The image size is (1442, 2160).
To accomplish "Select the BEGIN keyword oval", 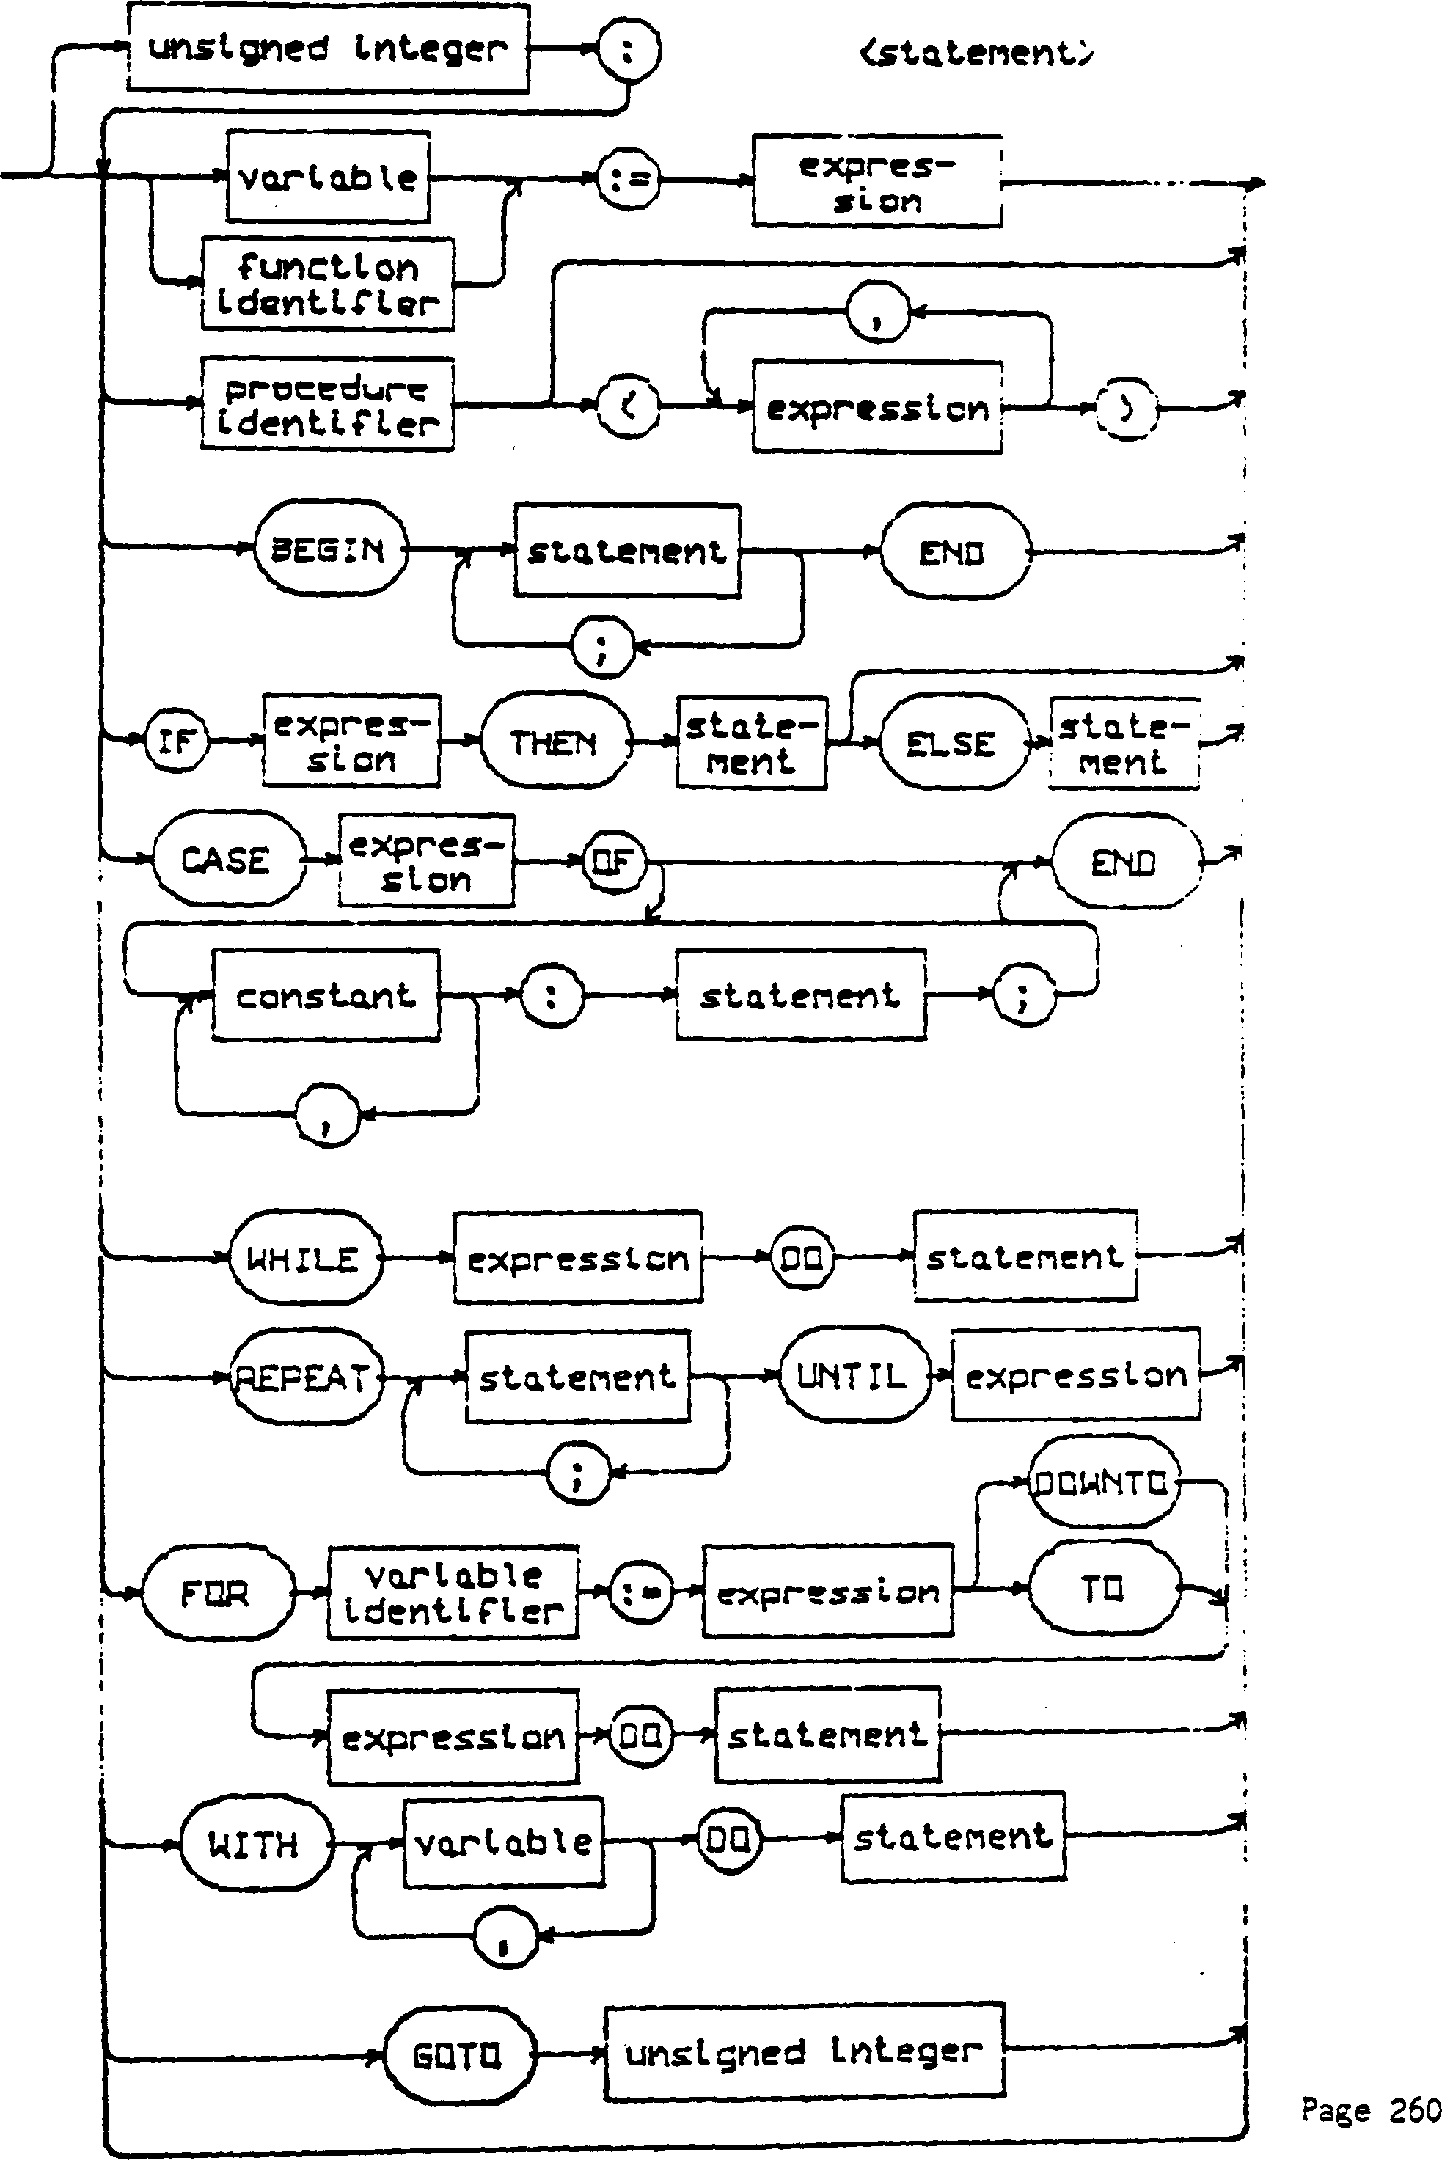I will (329, 549).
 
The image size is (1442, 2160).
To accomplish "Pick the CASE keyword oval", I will (226, 860).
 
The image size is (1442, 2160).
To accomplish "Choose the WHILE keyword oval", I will (304, 1257).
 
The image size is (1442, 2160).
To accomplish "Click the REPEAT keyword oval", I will (304, 1377).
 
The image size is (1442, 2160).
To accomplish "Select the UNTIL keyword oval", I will (852, 1374).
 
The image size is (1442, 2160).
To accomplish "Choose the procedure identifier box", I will (327, 403).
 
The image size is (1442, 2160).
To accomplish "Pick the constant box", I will (326, 995).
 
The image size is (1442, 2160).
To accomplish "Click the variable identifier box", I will (453, 1592).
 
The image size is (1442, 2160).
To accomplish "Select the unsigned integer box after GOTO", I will (804, 2051).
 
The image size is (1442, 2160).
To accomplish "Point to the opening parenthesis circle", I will (628, 406).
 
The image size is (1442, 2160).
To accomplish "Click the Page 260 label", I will (1369, 2109).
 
